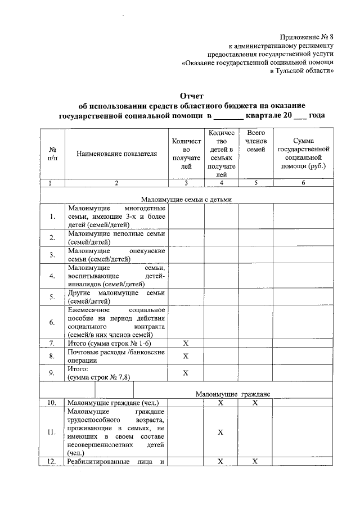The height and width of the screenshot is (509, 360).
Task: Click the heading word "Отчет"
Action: [x=191, y=96]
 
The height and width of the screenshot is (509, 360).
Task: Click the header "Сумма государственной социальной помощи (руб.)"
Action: [x=303, y=154]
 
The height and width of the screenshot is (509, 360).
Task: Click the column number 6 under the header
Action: [x=303, y=183]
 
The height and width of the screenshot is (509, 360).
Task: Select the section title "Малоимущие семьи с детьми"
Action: [x=186, y=199]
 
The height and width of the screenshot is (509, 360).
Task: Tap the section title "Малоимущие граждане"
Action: [x=233, y=394]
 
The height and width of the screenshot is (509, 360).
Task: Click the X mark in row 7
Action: [x=186, y=343]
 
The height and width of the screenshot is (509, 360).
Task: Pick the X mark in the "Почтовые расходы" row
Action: [x=186, y=356]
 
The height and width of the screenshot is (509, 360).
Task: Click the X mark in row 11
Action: [x=220, y=432]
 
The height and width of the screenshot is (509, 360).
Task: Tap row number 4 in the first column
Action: [x=52, y=276]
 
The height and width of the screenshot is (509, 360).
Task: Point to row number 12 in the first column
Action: [x=52, y=462]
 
